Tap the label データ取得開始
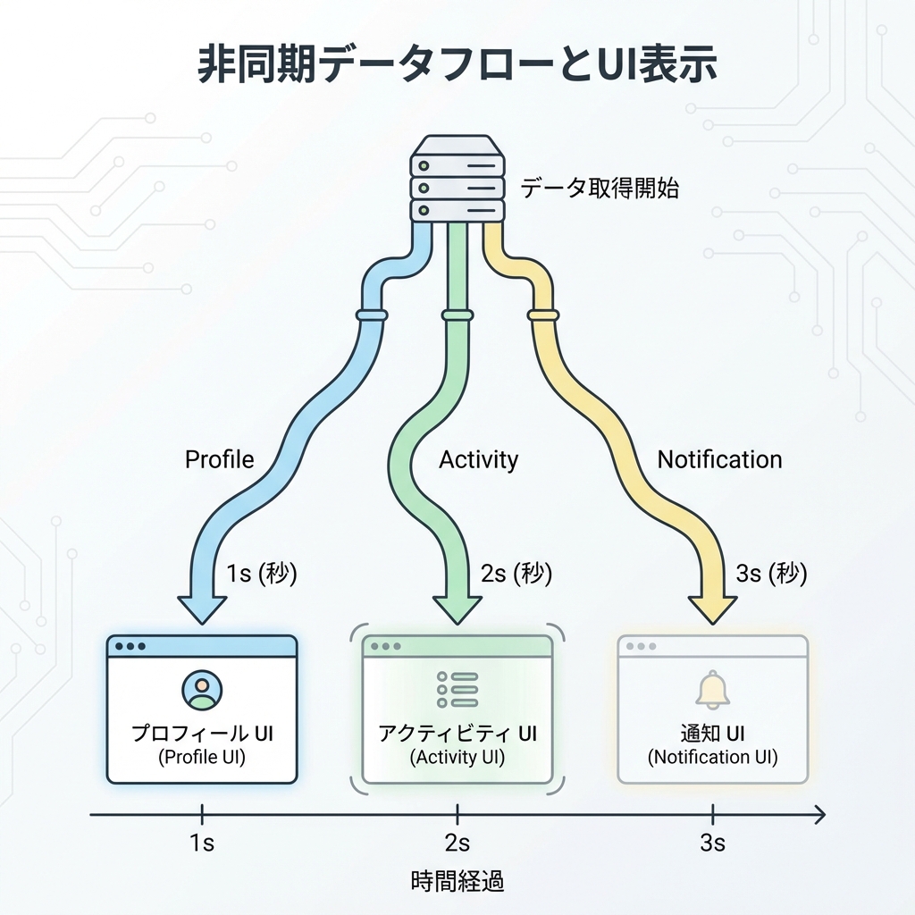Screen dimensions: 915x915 (x=600, y=189)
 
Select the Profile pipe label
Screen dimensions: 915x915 (x=220, y=460)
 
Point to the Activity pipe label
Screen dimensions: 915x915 (x=478, y=460)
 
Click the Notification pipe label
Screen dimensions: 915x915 (x=719, y=460)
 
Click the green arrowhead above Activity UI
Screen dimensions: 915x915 (x=457, y=607)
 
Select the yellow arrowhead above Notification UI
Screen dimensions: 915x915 (x=712, y=607)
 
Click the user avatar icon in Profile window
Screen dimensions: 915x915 (x=202, y=689)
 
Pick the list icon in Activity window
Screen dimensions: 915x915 (x=457, y=690)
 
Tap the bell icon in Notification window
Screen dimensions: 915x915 (x=712, y=689)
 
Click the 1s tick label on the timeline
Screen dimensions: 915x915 (x=202, y=844)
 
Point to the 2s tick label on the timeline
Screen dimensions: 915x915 (x=457, y=844)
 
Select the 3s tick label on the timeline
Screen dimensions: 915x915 (x=712, y=844)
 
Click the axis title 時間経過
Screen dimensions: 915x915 (x=457, y=883)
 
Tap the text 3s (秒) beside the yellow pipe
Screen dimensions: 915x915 (x=771, y=574)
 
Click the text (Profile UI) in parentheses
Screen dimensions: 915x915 (x=202, y=758)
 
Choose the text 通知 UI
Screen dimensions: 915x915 (x=712, y=735)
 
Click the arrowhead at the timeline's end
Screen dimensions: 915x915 (x=818, y=814)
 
